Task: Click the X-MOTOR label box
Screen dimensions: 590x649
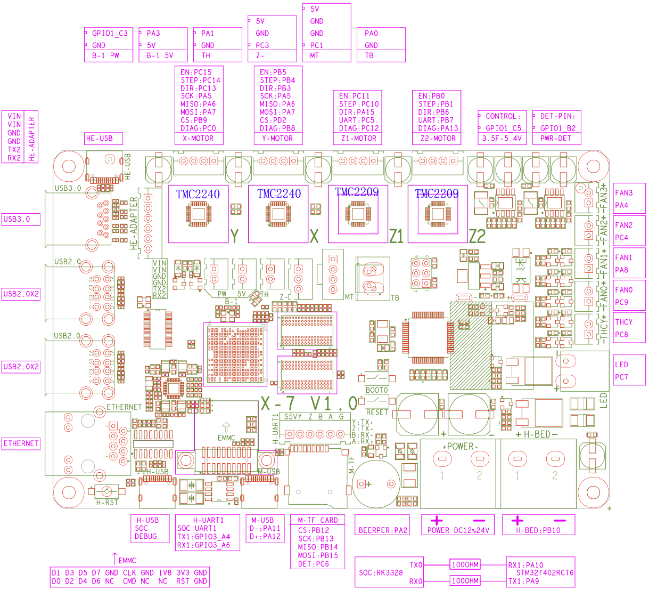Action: pos(199,139)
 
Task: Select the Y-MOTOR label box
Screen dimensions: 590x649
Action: pos(278,139)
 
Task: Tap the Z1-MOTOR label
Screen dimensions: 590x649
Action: pos(358,139)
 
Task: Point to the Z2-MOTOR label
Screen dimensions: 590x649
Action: pos(437,139)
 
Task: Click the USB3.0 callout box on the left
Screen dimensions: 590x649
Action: pos(21,219)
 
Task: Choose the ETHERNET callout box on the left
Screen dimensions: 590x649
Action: pos(21,443)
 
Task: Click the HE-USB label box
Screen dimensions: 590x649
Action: pos(103,139)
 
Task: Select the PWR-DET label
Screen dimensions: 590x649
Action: pos(556,139)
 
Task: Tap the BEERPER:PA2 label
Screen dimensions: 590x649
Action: pos(383,530)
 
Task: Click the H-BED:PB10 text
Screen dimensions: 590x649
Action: pos(538,530)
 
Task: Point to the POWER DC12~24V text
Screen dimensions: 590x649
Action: pos(458,530)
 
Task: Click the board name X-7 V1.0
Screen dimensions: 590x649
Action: pos(309,403)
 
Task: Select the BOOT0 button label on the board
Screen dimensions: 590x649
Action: pos(376,390)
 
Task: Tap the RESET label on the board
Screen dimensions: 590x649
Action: pos(376,413)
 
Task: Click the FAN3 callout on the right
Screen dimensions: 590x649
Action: pos(624,193)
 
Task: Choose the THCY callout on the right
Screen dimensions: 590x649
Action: pos(624,322)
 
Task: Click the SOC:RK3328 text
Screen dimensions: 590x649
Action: pos(381,573)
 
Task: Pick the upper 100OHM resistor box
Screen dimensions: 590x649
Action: pos(465,565)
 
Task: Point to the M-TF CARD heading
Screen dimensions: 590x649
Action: pos(318,520)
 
